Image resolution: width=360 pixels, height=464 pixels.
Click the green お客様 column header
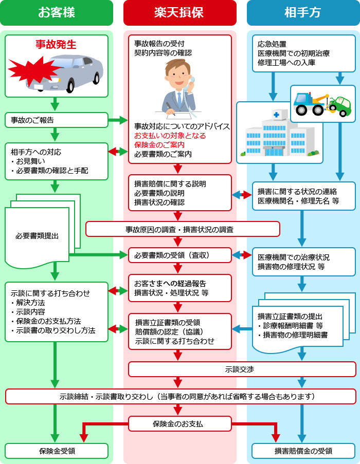point(57,13)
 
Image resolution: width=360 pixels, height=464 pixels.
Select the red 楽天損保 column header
point(179,13)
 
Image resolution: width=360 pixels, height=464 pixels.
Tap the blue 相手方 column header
point(303,13)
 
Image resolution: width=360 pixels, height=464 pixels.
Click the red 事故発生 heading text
point(56,45)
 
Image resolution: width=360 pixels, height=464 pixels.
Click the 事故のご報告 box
point(57,120)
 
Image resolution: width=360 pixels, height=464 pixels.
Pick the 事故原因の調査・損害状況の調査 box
point(183,229)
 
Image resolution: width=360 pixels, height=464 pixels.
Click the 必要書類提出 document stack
point(39,236)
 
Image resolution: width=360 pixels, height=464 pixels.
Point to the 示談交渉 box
point(242,369)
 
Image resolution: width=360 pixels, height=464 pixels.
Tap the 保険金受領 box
point(57,451)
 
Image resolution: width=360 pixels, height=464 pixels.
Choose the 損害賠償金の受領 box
point(303,451)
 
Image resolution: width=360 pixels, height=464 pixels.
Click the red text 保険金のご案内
point(159,145)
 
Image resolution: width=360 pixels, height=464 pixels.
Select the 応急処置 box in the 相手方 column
point(303,53)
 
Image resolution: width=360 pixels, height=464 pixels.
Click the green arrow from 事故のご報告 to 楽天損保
point(118,120)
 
